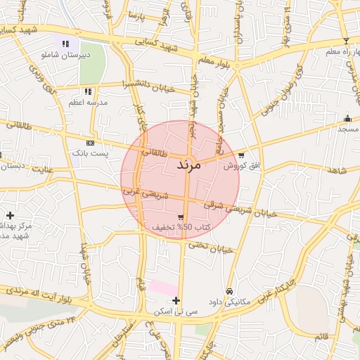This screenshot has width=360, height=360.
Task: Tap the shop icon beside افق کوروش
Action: tap(242, 155)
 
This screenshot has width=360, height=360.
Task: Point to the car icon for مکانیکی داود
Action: tap(229, 291)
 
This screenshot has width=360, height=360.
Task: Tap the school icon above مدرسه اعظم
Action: tap(88, 91)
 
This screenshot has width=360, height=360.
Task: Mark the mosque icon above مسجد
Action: tap(347, 118)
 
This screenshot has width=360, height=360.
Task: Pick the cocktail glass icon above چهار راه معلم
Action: tap(346, 41)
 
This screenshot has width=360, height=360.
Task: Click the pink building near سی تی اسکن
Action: tap(163, 288)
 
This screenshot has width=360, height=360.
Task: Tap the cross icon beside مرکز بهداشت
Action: tap(10, 215)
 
